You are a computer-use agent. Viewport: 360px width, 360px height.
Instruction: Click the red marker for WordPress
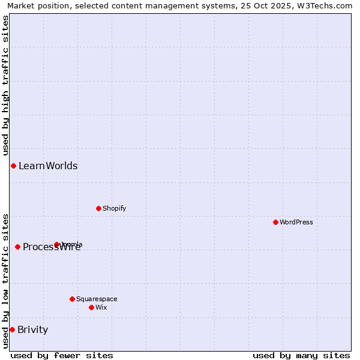point(275,222)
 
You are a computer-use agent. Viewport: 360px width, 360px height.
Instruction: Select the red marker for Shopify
point(98,208)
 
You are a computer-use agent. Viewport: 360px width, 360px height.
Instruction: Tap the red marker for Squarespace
point(72,299)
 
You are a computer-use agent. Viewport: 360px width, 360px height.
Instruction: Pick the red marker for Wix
point(91,307)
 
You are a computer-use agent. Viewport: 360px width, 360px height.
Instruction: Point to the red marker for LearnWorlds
point(13,166)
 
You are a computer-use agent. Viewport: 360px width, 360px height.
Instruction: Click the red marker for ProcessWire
point(17,247)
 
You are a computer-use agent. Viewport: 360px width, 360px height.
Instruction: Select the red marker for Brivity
point(12,329)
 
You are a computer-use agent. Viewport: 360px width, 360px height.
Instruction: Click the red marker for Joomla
point(57,244)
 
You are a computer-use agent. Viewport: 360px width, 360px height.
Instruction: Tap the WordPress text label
point(296,222)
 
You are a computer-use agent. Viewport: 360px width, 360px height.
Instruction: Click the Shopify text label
point(114,208)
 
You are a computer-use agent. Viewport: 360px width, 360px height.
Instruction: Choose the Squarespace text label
point(97,299)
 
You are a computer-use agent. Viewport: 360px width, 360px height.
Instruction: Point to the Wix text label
point(101,307)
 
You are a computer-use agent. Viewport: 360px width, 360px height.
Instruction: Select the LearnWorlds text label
point(48,166)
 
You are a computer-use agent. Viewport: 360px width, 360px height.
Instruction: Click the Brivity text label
point(32,329)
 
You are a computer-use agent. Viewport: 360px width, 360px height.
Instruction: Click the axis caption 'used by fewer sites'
point(62,355)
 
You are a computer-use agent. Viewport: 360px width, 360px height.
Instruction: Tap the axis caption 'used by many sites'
point(301,355)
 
